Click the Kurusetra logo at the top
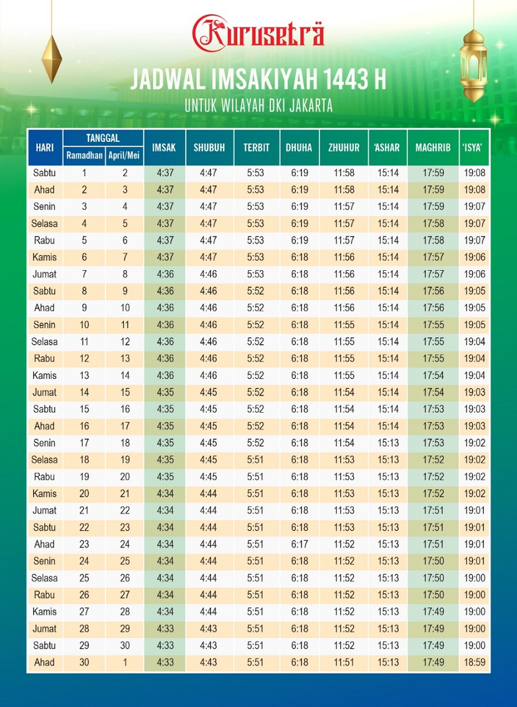pyautogui.click(x=258, y=34)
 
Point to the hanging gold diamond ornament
pyautogui.click(x=52, y=59)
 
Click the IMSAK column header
pyautogui.click(x=164, y=147)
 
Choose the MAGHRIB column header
pyautogui.click(x=433, y=147)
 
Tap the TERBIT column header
pyautogui.click(x=256, y=147)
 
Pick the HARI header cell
pyautogui.click(x=44, y=147)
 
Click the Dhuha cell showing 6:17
pyautogui.click(x=299, y=544)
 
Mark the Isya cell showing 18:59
pyautogui.click(x=475, y=662)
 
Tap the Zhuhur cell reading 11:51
pyautogui.click(x=343, y=662)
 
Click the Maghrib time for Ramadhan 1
pyautogui.click(x=433, y=173)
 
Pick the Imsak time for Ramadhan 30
pyautogui.click(x=165, y=662)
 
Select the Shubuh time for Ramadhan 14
pyautogui.click(x=209, y=392)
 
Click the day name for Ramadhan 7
pyautogui.click(x=44, y=274)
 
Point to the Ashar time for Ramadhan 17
pyautogui.click(x=388, y=443)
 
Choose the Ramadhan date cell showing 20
pyautogui.click(x=85, y=494)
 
